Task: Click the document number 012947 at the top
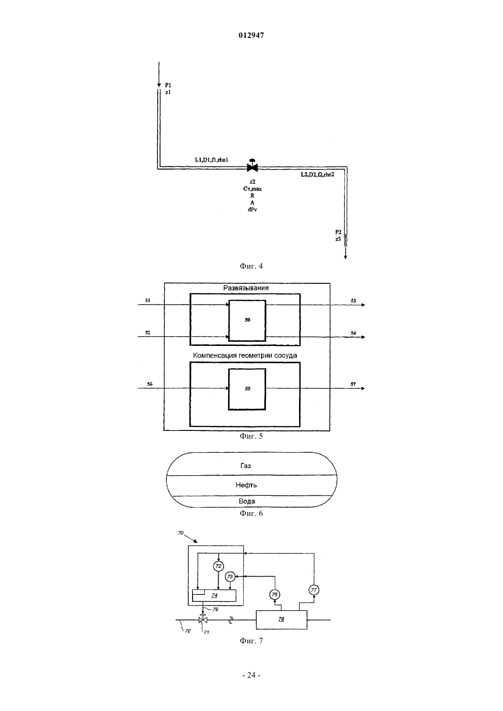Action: click(251, 35)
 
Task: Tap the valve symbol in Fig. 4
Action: click(252, 165)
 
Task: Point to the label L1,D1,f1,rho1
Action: click(211, 160)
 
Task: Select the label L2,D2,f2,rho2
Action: click(317, 175)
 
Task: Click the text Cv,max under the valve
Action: click(252, 189)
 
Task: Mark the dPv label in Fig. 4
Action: click(252, 210)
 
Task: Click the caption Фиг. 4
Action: click(251, 266)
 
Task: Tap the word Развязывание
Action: click(246, 288)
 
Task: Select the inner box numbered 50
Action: click(247, 320)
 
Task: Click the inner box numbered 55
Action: click(247, 389)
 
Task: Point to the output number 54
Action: click(353, 333)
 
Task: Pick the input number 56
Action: click(150, 384)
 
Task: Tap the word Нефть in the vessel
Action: click(246, 485)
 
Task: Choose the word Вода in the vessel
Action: click(247, 501)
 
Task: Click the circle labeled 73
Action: click(230, 577)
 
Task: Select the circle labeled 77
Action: click(314, 590)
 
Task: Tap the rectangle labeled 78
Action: click(281, 620)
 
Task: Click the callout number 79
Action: click(215, 610)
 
